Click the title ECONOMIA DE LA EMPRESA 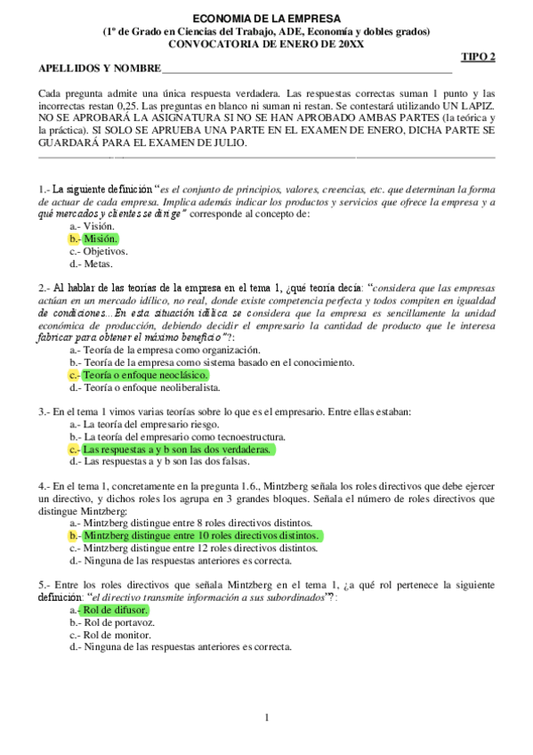click(x=266, y=19)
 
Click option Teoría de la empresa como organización click(x=165, y=350)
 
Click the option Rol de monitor click(x=111, y=636)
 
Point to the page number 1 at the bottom click(x=266, y=718)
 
